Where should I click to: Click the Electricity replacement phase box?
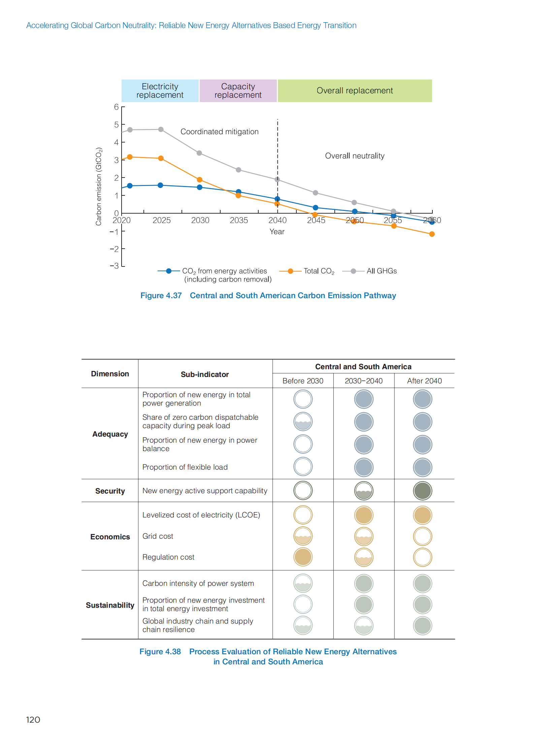160,91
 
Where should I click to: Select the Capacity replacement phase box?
238,91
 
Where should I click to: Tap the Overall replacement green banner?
355,91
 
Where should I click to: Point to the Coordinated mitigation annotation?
220,132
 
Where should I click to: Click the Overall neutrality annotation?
355,156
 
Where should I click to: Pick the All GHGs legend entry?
381,271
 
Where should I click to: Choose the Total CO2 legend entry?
319,271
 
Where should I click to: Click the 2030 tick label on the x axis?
200,220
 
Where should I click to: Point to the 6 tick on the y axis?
116,107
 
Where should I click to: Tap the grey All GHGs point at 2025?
161,130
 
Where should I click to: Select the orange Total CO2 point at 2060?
432,234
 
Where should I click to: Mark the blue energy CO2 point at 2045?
316,208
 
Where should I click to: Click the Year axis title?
277,232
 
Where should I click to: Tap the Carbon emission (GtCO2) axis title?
98,186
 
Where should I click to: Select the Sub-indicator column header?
205,374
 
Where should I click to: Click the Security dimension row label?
110,491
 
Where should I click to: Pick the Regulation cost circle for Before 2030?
303,557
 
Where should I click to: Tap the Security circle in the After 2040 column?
423,491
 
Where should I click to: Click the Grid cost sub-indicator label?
158,536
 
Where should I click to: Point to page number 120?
33,720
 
